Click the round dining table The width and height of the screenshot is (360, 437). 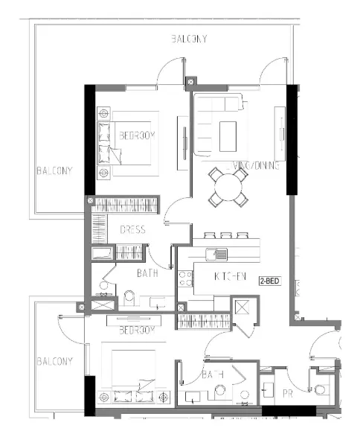[x=228, y=187]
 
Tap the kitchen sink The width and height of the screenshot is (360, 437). [x=221, y=255]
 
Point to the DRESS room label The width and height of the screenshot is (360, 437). [x=132, y=230]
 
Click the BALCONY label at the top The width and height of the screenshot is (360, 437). [x=188, y=39]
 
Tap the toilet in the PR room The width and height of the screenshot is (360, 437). [x=321, y=389]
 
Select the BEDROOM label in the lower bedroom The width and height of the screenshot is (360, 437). [x=137, y=329]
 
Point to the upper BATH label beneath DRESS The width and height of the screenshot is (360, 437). [x=147, y=273]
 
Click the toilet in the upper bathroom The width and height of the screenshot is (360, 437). [x=130, y=298]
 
